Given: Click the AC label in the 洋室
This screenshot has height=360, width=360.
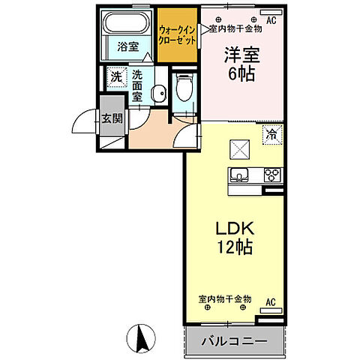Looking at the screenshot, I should coord(271,20).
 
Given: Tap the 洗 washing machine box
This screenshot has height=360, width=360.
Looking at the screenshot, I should coord(116,76).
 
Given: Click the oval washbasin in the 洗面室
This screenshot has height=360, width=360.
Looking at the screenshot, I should coord(157,94).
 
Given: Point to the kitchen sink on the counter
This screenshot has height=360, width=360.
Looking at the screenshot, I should coord(240,176).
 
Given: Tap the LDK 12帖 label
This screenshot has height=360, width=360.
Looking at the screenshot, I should coord(234,235).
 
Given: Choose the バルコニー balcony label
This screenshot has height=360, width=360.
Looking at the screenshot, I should coord(233,341).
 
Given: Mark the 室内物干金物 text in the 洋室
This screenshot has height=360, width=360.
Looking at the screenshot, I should coord(234,29).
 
